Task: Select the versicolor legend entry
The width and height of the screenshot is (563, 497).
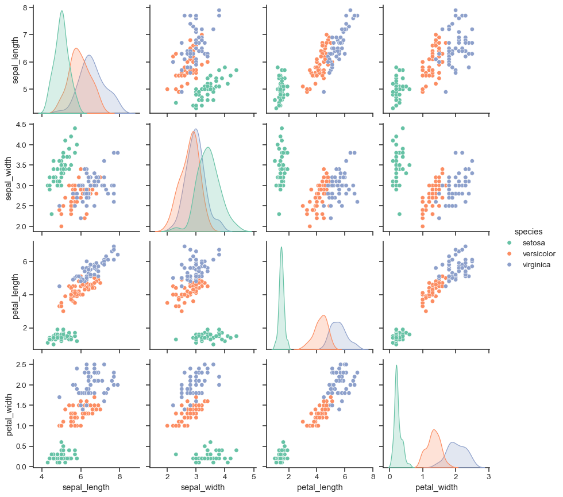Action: point(539,254)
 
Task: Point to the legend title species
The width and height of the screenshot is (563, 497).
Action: point(529,232)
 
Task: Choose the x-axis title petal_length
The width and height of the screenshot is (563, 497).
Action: point(319,487)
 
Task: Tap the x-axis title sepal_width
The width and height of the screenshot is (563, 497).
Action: point(196,487)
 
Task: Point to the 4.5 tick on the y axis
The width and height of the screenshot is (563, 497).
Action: point(21,124)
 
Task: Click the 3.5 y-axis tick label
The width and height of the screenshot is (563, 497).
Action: point(21,165)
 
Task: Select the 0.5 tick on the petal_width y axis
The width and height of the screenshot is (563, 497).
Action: point(21,446)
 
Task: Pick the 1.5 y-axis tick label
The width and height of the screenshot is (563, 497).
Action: point(21,405)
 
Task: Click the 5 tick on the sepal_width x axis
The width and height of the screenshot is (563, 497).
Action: point(253,476)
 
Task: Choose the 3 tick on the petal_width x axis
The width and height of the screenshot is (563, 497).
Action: point(488,476)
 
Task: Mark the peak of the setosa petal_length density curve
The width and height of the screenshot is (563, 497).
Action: point(281,247)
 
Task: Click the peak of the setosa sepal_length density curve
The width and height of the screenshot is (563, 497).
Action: point(61,10)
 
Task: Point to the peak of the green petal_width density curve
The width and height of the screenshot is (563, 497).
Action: point(396,365)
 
